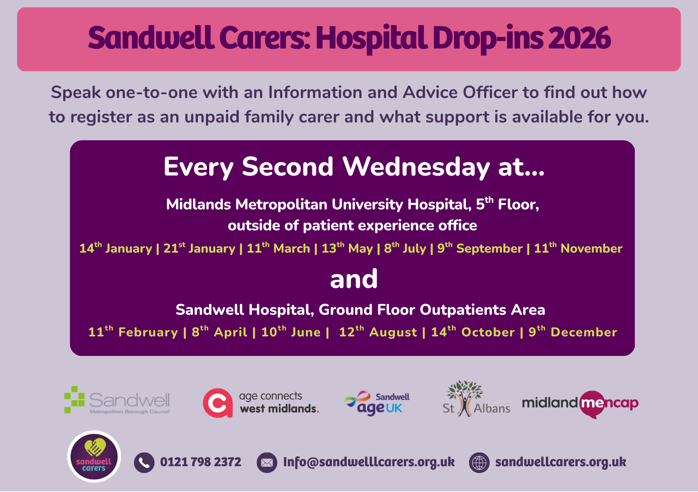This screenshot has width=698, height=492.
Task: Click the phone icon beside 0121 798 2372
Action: [144, 463]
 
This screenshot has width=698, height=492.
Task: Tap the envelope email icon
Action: [267, 463]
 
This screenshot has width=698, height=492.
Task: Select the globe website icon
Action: [479, 463]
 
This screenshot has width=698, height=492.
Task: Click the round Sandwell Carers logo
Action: [94, 456]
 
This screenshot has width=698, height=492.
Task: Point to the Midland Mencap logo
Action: [580, 404]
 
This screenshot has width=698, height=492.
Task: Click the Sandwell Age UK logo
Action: [377, 403]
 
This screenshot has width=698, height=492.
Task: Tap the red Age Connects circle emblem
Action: [218, 403]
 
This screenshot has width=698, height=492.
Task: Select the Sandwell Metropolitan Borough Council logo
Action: [117, 400]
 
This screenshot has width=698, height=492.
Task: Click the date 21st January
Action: [199, 248]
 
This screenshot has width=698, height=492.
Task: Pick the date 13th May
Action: [347, 248]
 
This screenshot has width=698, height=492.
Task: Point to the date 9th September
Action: [480, 248]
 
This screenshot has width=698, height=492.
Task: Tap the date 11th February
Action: [133, 331]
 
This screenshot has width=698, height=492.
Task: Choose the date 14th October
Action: [473, 331]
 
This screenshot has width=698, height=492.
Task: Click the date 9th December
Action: [573, 331]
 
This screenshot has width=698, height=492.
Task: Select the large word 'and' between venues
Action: [354, 279]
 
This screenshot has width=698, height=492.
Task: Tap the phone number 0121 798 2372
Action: [201, 462]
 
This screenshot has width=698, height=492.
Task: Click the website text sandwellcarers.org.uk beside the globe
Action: [561, 462]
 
